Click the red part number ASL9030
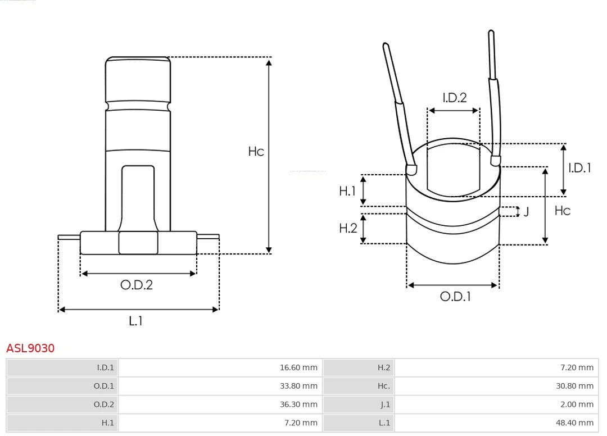pyautogui.click(x=30, y=348)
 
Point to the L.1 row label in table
pyautogui.click(x=384, y=423)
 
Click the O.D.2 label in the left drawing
pyautogui.click(x=137, y=285)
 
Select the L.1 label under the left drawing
pyautogui.click(x=136, y=321)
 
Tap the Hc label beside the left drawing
pyautogui.click(x=256, y=152)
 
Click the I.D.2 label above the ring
pyautogui.click(x=454, y=98)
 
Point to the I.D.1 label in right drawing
pyautogui.click(x=579, y=167)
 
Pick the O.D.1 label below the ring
pyautogui.click(x=455, y=297)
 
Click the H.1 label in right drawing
pyautogui.click(x=348, y=191)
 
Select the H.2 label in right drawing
pyautogui.click(x=348, y=228)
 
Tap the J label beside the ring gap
pyautogui.click(x=526, y=212)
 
